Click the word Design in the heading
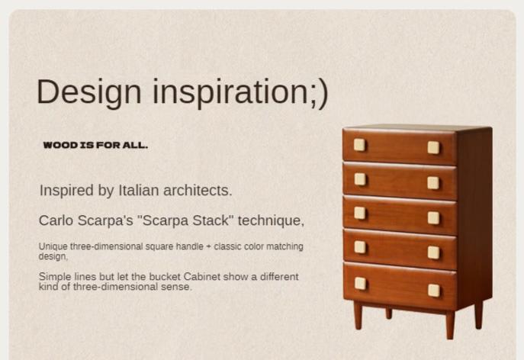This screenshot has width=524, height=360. click(x=89, y=93)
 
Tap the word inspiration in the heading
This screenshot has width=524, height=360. click(x=231, y=93)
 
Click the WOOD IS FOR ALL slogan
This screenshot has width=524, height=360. click(x=95, y=146)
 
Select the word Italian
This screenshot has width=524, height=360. click(x=139, y=191)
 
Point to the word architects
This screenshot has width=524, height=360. click(x=198, y=191)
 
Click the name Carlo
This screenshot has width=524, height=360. click(x=56, y=220)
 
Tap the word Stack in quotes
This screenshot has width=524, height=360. click(x=213, y=220)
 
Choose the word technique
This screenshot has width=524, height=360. click(x=271, y=220)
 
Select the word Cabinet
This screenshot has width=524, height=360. click(x=202, y=277)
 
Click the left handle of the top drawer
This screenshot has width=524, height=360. click(x=359, y=145)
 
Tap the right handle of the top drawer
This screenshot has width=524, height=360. click(x=433, y=147)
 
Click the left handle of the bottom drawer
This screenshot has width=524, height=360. click(x=360, y=284)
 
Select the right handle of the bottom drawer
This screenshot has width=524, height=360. click(x=434, y=290)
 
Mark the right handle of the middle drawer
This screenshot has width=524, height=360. click(x=433, y=218)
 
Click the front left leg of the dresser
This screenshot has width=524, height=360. click(x=358, y=315)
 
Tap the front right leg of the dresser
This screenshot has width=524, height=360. click(x=450, y=325)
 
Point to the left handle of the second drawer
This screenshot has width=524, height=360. click(x=360, y=179)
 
